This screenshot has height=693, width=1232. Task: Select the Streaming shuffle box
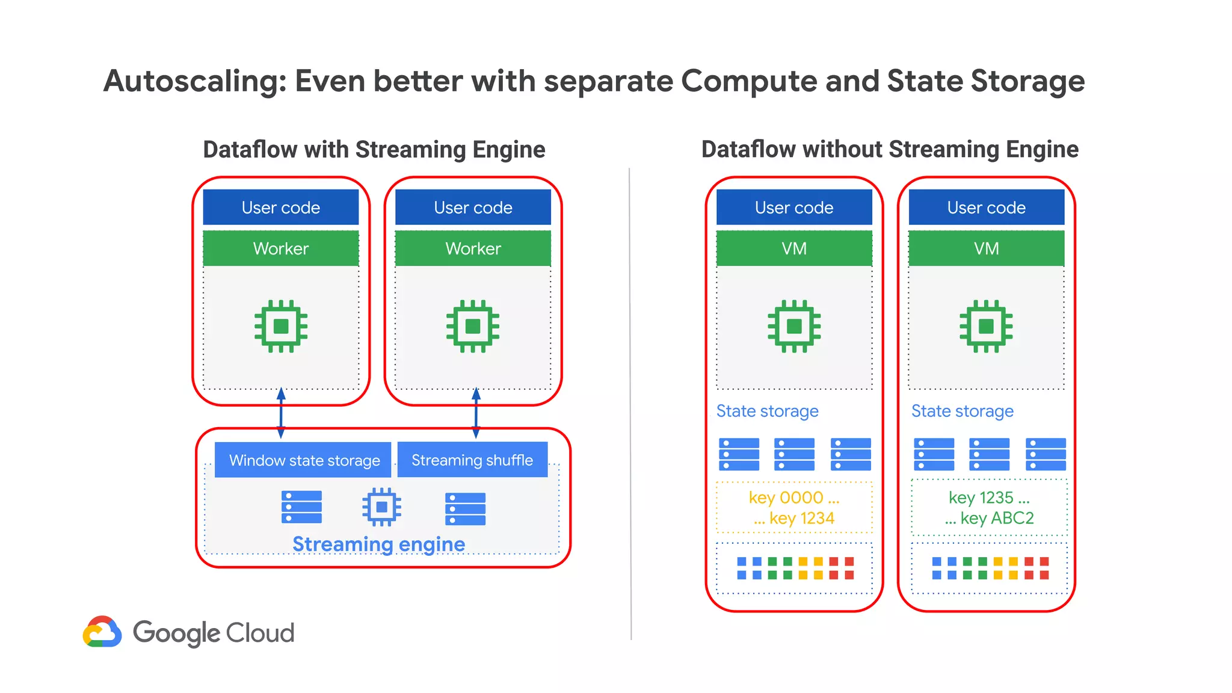click(472, 460)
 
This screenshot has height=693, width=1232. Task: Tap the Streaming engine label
click(378, 544)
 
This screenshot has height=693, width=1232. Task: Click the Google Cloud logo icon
click(102, 632)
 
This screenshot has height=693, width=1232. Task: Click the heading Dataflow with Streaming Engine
click(374, 149)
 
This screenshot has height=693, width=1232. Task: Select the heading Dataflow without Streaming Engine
click(890, 149)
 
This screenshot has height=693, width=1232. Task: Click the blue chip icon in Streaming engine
click(381, 507)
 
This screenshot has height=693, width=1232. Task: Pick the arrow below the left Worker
click(281, 413)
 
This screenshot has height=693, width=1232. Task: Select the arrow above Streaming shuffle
click(476, 413)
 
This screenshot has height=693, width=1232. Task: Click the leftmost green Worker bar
click(281, 248)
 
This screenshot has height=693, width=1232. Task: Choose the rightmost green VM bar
click(986, 248)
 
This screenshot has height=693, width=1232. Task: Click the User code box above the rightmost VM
click(986, 208)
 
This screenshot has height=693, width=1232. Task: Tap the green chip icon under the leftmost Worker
click(281, 326)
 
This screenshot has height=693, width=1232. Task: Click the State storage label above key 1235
click(962, 411)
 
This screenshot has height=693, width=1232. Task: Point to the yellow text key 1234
click(801, 518)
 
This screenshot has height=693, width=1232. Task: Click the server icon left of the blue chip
click(301, 507)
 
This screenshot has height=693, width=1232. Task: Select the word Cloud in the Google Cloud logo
click(260, 633)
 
